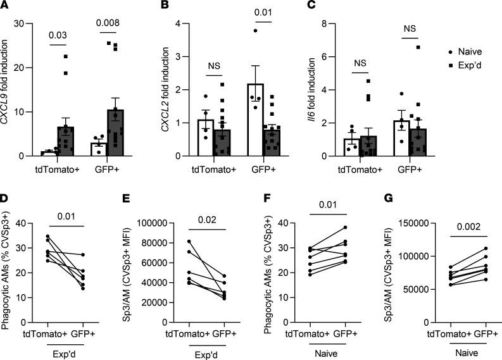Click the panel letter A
click(x=6, y=7)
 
